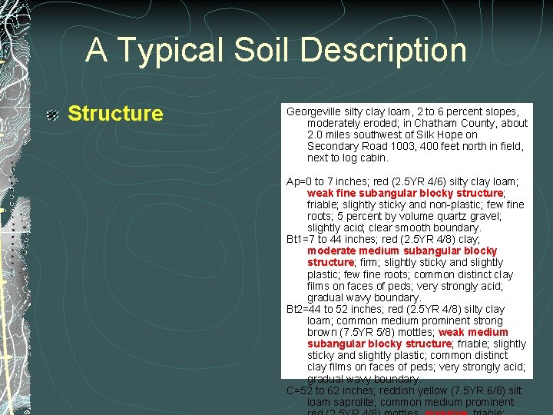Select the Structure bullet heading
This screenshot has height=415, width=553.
115,115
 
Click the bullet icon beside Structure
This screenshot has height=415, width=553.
53,115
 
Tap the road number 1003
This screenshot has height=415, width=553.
401,146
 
